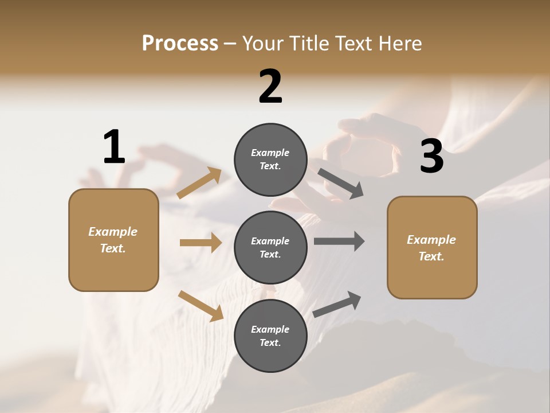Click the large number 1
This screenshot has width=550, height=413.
114,147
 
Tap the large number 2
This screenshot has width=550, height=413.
270,87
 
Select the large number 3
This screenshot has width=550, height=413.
431,157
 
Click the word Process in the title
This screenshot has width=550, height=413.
180,43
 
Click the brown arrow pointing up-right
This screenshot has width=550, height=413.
199,183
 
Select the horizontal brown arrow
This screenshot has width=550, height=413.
201,243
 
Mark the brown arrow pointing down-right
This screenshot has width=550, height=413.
201,306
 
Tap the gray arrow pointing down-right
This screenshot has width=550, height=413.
340,184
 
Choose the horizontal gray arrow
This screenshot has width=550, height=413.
339,241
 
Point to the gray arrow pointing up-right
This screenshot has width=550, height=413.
337,304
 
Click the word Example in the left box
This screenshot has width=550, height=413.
113,232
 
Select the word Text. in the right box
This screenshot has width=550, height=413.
431,256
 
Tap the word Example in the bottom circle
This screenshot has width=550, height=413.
270,329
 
